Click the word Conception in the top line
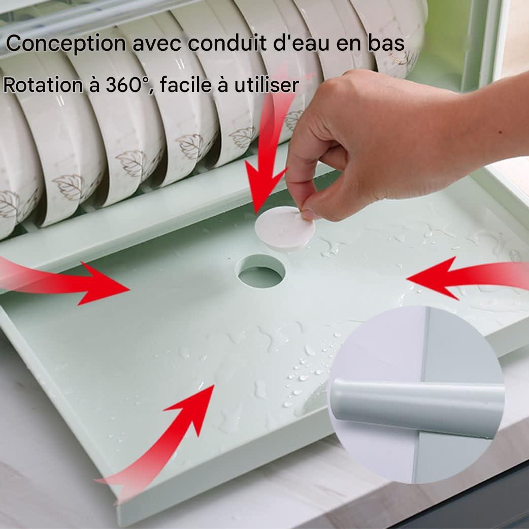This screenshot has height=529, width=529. tap(66, 44)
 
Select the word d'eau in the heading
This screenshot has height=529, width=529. tap(301, 43)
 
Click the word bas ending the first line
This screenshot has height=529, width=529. tap(386, 43)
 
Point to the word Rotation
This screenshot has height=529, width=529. tap(43, 85)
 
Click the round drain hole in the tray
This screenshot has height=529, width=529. tap(260, 272)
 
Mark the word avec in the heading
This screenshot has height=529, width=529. tap(156, 44)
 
